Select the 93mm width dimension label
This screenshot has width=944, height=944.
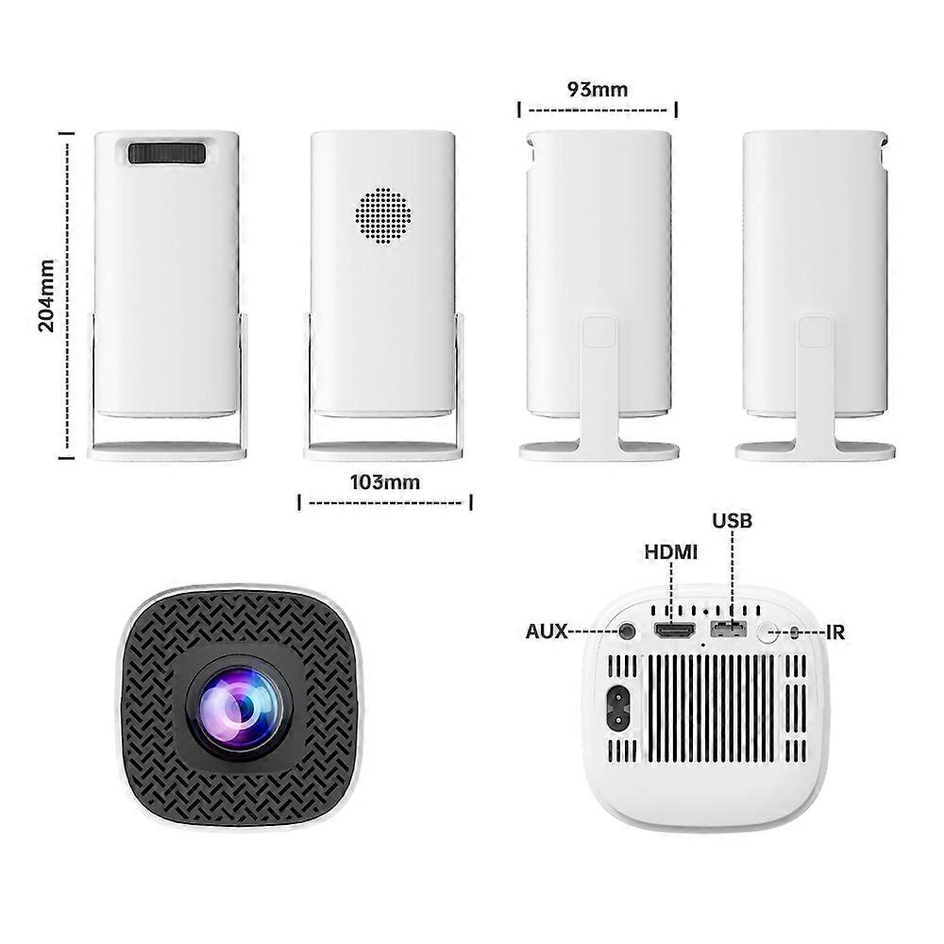coord(597,90)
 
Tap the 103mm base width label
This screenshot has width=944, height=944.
coord(385,482)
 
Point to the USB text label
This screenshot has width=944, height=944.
coord(733,521)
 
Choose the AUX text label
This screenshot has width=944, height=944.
coord(547,632)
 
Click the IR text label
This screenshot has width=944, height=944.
coord(835,632)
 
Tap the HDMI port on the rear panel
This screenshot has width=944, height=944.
coord(672,631)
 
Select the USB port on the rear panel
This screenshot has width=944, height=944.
coord(728,630)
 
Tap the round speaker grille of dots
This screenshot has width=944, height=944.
coord(383,214)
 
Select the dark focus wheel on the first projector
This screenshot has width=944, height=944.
coord(167,153)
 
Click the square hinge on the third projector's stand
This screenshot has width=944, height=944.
coord(599,333)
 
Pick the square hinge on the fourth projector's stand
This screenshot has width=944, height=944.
coord(816,333)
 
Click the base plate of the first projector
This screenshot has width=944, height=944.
coord(167,451)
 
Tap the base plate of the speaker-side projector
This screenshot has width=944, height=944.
coord(383,451)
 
